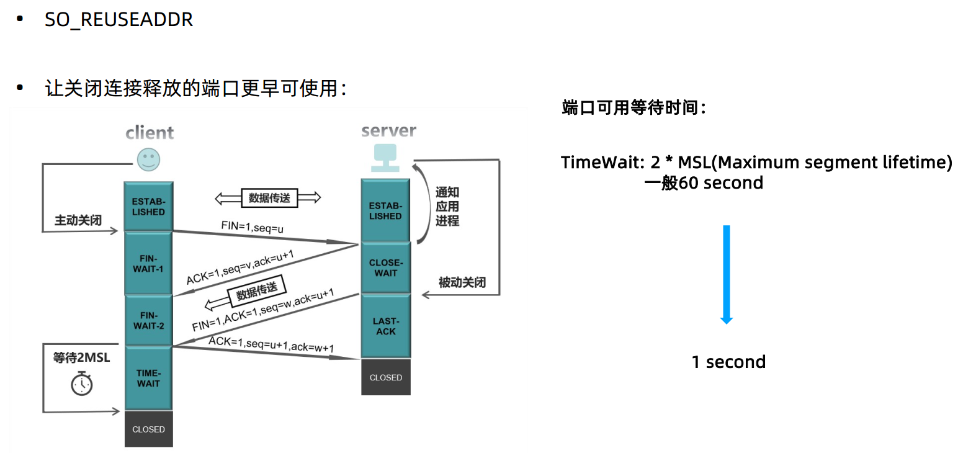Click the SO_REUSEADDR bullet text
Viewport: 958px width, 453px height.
point(119,19)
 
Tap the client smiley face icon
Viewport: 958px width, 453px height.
point(148,159)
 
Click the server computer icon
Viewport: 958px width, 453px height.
point(385,158)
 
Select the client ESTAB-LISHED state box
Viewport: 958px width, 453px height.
point(148,207)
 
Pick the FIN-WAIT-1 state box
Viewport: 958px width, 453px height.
point(148,264)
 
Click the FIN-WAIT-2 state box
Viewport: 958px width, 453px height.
point(148,320)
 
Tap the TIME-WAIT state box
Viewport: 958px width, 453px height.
point(148,378)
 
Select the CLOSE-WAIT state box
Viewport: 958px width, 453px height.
point(385,267)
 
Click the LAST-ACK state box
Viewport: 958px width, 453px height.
point(385,326)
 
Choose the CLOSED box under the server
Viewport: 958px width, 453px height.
point(385,377)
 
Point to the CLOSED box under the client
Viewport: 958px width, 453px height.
point(148,429)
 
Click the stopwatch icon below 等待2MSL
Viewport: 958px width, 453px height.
point(81,383)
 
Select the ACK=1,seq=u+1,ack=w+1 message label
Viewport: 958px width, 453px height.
point(271,344)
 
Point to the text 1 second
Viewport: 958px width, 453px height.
point(728,362)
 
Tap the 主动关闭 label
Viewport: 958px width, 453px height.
point(78,220)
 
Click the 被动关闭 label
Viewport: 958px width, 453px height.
point(462,283)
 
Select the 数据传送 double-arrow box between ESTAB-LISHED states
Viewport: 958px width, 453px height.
point(268,198)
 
